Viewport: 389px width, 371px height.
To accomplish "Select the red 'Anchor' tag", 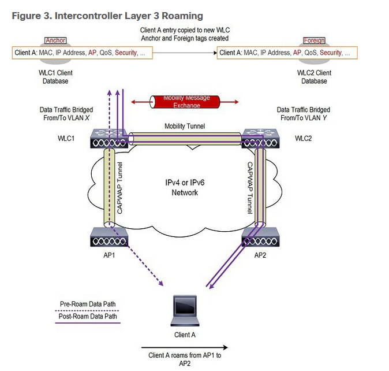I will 55,40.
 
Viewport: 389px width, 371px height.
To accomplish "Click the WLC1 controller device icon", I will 110,139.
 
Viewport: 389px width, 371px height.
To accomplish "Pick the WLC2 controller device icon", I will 260,139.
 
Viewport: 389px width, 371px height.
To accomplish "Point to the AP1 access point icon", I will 110,237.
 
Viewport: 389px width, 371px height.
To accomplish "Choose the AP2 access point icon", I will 260,237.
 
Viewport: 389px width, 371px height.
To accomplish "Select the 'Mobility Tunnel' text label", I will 185,125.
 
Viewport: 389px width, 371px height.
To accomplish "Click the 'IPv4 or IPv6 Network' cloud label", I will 185,188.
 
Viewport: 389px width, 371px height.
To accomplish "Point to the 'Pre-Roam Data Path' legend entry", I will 87,303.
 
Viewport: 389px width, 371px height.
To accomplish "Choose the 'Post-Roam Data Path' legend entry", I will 87,316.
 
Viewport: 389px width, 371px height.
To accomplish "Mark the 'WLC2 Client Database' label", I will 314,77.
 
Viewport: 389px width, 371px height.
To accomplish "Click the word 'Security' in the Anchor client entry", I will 126,53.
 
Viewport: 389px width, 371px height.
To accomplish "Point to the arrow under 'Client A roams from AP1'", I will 185,348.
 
